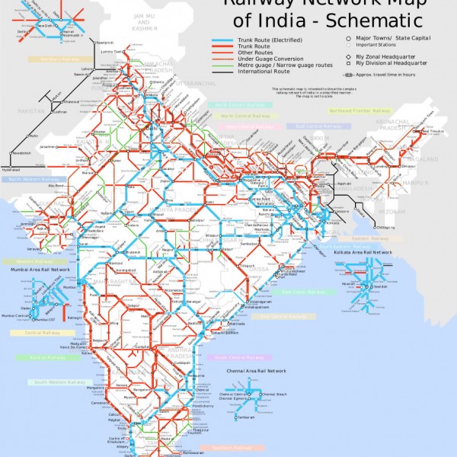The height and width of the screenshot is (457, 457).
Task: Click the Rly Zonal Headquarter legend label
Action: coord(388,56)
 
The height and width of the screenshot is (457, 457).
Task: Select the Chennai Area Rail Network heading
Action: coord(256,370)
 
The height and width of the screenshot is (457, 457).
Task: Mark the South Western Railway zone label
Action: coord(60,382)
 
